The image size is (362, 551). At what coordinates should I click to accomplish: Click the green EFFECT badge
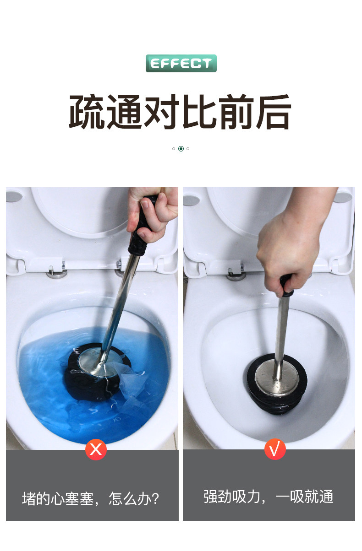pos(181,63)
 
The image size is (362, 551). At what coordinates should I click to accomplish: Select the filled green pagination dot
pos(181,149)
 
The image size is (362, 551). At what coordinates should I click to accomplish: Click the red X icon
pos(96,449)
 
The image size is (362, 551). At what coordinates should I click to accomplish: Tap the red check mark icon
pos(275,449)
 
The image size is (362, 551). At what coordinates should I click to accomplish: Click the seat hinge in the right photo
pos(236,273)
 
